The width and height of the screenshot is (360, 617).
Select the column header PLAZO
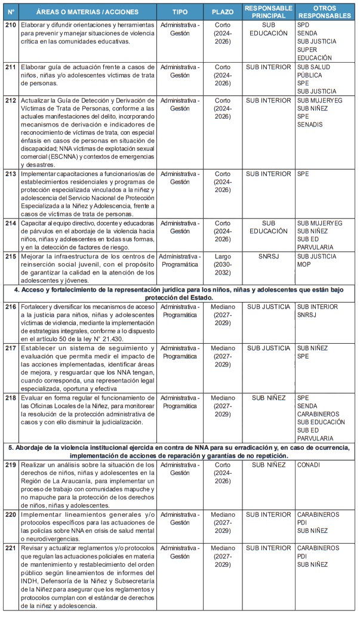(x=222, y=12)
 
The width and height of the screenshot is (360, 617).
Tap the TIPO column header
(x=180, y=12)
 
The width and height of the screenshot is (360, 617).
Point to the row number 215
(x=10, y=257)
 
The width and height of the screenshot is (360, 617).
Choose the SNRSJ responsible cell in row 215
(x=268, y=257)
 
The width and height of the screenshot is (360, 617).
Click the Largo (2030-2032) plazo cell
(x=222, y=264)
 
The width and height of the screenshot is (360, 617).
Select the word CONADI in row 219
(x=309, y=464)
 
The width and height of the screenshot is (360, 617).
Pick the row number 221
(x=10, y=548)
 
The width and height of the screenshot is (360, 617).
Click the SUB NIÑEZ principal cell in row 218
(x=268, y=397)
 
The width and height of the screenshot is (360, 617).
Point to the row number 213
(x=10, y=174)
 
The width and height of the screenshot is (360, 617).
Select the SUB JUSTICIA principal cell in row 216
(x=268, y=307)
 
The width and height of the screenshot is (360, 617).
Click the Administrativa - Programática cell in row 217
(x=180, y=352)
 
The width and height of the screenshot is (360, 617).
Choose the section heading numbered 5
(x=180, y=451)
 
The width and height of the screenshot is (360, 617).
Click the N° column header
(x=10, y=12)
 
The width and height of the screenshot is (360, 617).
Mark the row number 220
(x=10, y=514)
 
